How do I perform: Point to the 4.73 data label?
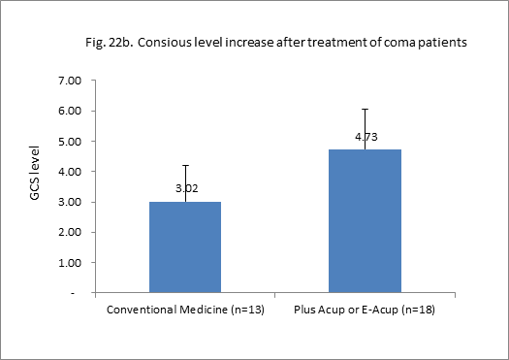point(366,137)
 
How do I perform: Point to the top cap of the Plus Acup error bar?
point(366,109)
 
